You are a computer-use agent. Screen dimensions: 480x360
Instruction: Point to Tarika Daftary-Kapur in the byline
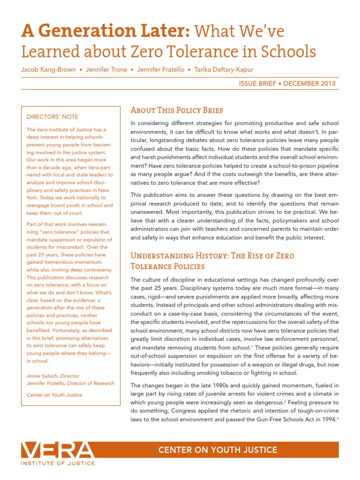[225, 69]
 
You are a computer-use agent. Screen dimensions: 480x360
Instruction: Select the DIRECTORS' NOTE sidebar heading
[52, 117]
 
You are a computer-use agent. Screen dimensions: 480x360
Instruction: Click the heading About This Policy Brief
[176, 110]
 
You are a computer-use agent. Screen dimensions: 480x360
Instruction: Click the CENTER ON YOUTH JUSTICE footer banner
[217, 450]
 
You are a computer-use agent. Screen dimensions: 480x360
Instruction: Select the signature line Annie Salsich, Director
[52, 375]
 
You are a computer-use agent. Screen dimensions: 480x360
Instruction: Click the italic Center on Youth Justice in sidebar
[54, 395]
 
